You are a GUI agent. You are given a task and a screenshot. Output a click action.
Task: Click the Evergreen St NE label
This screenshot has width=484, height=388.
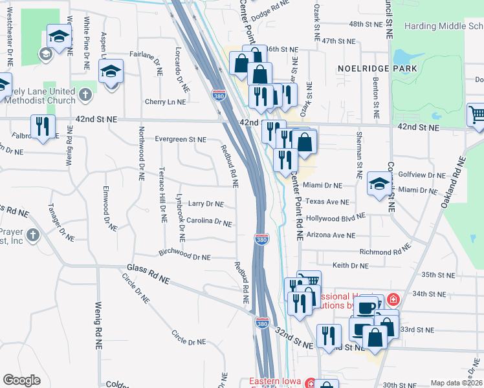coord(180,139)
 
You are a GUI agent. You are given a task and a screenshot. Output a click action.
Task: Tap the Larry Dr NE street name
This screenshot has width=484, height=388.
coord(205,204)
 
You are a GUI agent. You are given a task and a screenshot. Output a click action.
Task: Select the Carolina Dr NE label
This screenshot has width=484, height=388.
coord(208,222)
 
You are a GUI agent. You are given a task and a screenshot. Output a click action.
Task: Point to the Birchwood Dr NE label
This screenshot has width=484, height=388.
coord(185,257)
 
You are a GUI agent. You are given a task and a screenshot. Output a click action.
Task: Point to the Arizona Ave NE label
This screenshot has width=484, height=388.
coord(331,235)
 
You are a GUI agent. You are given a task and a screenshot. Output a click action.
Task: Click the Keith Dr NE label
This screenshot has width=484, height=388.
coord(350,266)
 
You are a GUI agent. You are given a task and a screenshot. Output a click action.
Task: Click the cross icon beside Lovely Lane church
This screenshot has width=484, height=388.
coord(85,96)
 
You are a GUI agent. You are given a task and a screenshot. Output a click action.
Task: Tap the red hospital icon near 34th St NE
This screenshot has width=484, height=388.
coord(393,301)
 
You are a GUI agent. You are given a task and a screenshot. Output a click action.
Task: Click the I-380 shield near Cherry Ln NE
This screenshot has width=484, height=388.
coord(219,96)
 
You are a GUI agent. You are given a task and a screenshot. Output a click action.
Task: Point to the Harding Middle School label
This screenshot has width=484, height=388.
coord(443,27)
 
